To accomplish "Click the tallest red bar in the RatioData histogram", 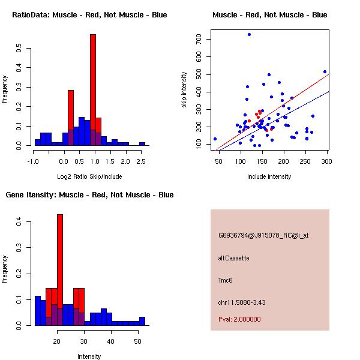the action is pyautogui.click(x=93, y=90).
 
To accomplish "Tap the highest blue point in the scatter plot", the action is pyautogui.click(x=249, y=35).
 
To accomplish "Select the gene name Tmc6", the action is pyautogui.click(x=225, y=280).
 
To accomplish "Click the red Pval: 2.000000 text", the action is pyautogui.click(x=239, y=319).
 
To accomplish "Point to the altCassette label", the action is pyautogui.click(x=233, y=258).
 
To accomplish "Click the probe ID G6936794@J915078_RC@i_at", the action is pyautogui.click(x=263, y=236).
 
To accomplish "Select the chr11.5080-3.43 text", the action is pyautogui.click(x=242, y=302).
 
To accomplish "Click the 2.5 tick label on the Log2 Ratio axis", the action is pyautogui.click(x=141, y=161).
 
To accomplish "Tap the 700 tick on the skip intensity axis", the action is pyautogui.click(x=199, y=39).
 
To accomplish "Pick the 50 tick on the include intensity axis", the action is pyautogui.click(x=218, y=161).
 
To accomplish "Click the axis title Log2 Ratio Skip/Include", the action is pyautogui.click(x=89, y=176).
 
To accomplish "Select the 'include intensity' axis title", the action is pyautogui.click(x=269, y=176).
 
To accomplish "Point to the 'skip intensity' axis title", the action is pyautogui.click(x=184, y=89).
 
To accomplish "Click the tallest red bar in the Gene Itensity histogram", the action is pyautogui.click(x=60, y=270).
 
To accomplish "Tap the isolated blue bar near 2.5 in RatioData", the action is pyautogui.click(x=142, y=144).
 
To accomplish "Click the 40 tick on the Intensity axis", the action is pyautogui.click(x=110, y=341).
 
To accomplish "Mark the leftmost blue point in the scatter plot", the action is pyautogui.click(x=215, y=139).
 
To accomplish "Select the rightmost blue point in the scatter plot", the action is pyautogui.click(x=325, y=72).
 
